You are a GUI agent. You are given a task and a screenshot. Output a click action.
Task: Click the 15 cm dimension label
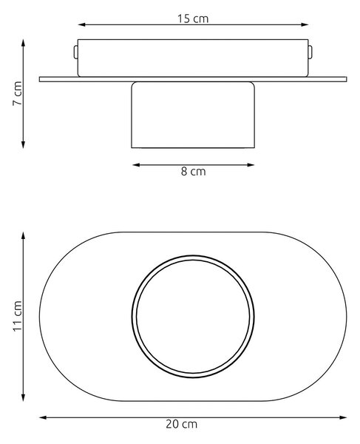[193, 18]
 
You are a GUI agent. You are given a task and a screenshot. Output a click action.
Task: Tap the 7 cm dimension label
[18, 93]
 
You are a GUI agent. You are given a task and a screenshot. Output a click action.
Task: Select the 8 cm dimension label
[193, 172]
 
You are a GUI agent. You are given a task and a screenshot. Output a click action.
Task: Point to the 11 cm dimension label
[18, 316]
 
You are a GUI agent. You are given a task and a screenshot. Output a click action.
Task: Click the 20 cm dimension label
[182, 424]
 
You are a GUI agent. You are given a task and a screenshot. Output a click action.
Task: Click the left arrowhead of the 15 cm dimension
[81, 24]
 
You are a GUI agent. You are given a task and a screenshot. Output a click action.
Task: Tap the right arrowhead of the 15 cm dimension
[305, 24]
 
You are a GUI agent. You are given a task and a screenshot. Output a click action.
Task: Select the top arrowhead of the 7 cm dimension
[24, 43]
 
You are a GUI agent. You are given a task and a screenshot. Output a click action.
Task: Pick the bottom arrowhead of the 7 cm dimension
[24, 144]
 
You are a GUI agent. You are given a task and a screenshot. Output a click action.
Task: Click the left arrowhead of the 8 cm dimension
[136, 165]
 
